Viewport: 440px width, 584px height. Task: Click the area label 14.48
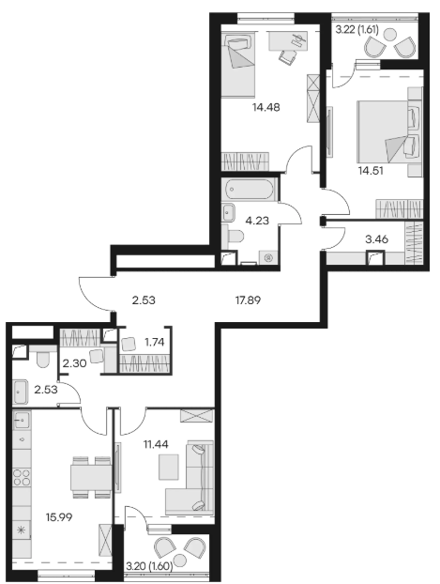(x=266, y=107)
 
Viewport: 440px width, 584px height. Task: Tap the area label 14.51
(x=371, y=171)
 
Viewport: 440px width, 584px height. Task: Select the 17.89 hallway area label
(x=248, y=300)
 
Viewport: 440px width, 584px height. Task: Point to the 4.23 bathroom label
(x=257, y=221)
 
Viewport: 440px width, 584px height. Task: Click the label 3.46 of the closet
(x=377, y=239)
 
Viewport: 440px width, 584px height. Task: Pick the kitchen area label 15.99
(x=59, y=517)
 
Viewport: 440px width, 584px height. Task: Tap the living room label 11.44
(x=156, y=444)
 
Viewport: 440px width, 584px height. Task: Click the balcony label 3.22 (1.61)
(x=357, y=30)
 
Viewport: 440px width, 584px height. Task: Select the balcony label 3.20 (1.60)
(x=150, y=566)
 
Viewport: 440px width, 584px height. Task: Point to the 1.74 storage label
(x=155, y=342)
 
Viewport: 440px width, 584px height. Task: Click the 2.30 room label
(x=74, y=362)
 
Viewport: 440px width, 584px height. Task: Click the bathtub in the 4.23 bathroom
(x=249, y=189)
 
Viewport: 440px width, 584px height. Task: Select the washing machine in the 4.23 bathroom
(x=268, y=257)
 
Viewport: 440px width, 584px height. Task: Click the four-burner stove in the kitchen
(x=22, y=478)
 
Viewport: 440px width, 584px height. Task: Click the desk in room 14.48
(x=288, y=40)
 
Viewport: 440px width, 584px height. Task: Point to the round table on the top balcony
(x=389, y=35)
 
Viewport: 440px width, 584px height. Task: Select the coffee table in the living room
(x=169, y=467)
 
